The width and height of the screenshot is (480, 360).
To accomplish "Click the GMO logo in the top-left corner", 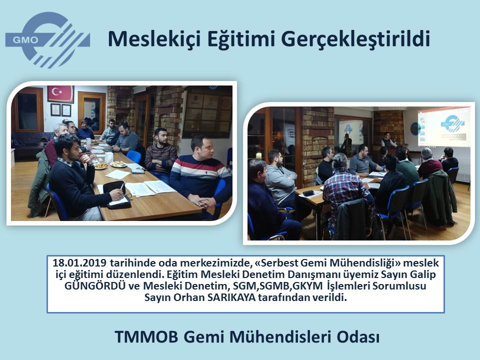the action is click(48, 40).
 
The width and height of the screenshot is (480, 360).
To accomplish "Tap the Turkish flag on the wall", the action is click(60, 94).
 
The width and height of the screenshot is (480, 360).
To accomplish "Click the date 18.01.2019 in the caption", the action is click(79, 263).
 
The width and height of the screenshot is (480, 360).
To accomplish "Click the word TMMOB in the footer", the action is click(147, 337).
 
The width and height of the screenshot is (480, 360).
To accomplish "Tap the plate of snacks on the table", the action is click(101, 166).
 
